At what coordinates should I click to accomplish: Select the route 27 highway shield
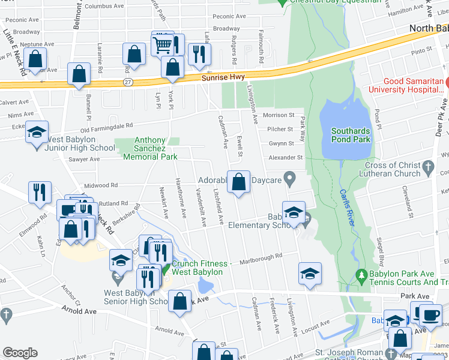[127, 81]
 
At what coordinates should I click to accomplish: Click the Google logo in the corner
[20, 353]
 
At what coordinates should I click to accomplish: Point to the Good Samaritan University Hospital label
[414, 85]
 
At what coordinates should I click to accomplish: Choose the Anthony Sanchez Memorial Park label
[150, 148]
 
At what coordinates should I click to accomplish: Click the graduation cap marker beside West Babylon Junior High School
[37, 133]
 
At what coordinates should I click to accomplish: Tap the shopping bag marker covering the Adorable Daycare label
[239, 181]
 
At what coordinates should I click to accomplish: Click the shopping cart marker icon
[161, 44]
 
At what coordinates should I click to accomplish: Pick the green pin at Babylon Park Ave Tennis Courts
[361, 277]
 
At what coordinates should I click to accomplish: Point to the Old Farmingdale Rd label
[107, 127]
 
